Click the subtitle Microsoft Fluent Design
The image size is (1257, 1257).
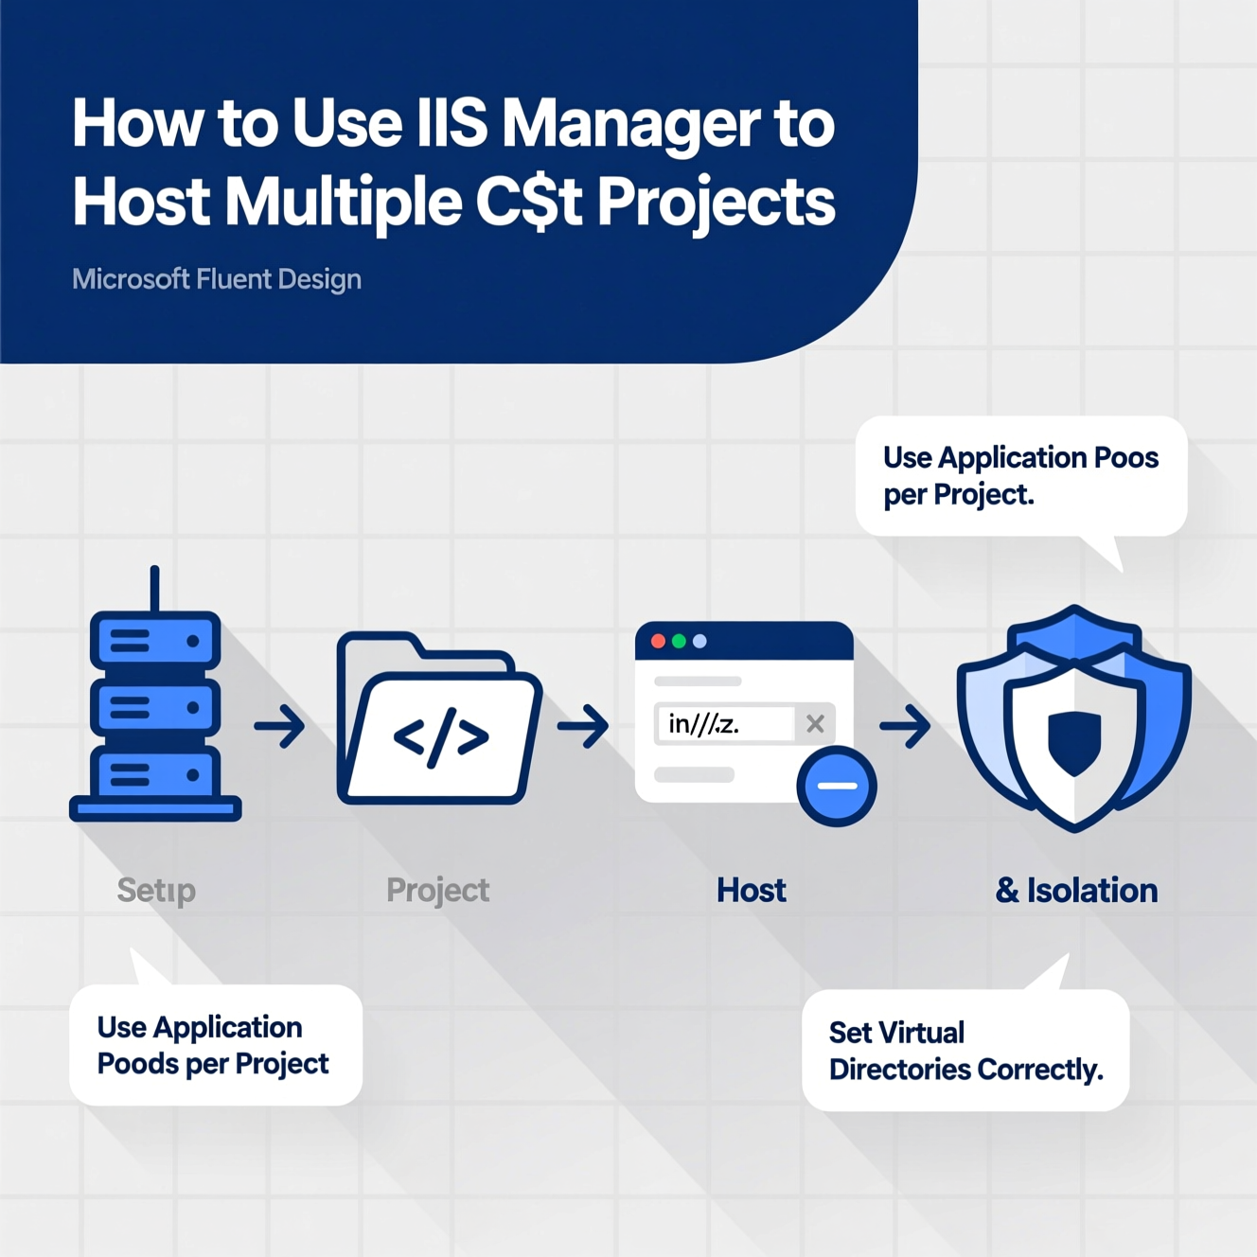[217, 279]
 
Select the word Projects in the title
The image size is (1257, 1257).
[716, 203]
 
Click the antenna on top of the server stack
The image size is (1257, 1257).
[154, 589]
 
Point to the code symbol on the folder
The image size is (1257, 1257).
[441, 736]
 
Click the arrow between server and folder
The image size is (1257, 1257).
[280, 727]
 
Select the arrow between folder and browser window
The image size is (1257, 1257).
[583, 727]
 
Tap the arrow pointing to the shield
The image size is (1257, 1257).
[905, 727]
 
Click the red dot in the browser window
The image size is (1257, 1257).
[658, 642]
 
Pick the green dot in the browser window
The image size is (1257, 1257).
[679, 642]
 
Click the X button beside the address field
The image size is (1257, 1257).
[815, 724]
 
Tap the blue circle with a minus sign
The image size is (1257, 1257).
[837, 786]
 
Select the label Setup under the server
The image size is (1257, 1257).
[156, 890]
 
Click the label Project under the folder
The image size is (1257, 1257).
[437, 890]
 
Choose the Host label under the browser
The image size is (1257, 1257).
[752, 890]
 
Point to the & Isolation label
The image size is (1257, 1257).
[1076, 890]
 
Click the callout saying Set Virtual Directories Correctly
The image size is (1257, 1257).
[965, 1051]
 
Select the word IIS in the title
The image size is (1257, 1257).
[452, 124]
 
